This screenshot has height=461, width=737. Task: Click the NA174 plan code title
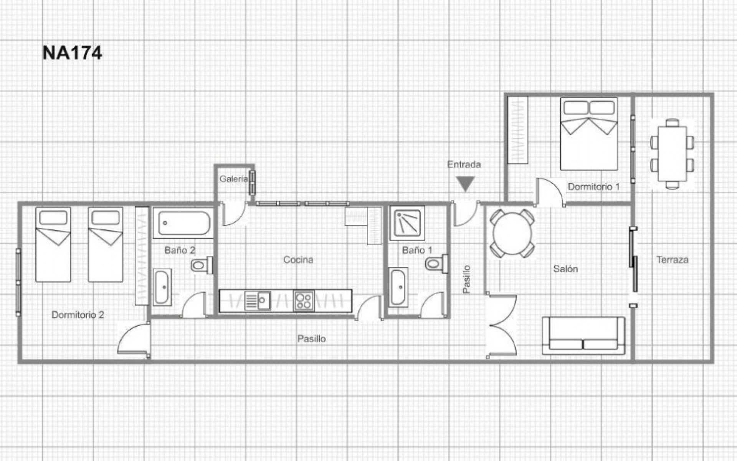72,53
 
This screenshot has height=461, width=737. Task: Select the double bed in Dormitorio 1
589,134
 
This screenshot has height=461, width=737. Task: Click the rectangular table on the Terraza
672,154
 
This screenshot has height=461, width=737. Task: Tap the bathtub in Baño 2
183,223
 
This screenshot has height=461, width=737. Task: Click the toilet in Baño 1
436,264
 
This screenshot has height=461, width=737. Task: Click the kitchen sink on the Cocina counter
258,300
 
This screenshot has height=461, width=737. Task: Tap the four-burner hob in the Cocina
304,300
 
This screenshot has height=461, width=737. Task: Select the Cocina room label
298,260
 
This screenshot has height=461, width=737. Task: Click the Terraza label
672,260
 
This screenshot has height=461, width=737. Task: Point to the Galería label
234,179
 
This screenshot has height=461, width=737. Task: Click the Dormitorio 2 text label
78,315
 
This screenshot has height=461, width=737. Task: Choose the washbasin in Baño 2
162,287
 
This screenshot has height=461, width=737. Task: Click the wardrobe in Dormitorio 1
517,130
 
